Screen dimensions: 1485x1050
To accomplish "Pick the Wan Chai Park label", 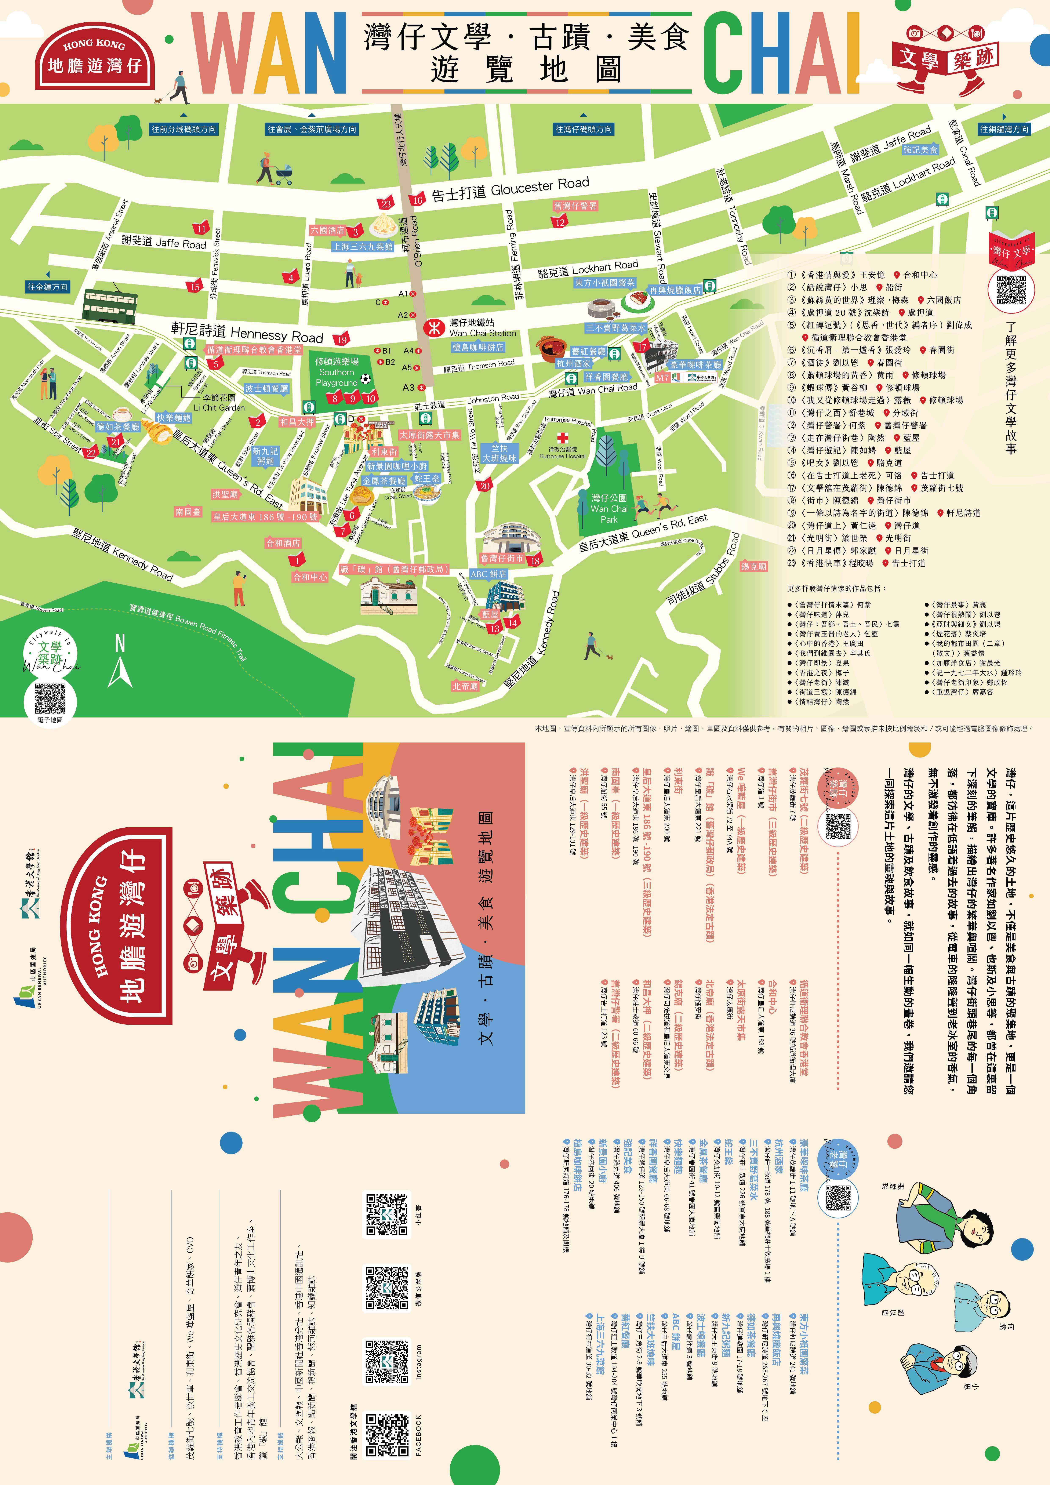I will click(609, 508).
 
